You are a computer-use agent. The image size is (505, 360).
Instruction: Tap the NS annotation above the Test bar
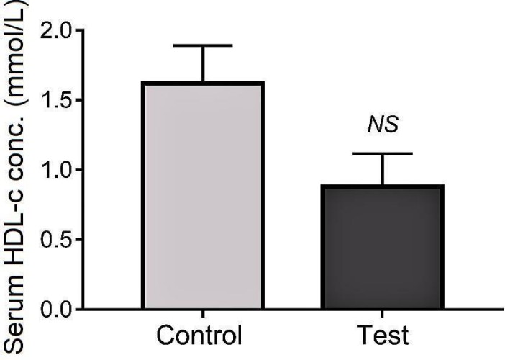click(383, 125)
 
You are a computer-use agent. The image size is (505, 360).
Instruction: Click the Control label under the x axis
click(203, 337)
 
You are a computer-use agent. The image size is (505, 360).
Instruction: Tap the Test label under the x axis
click(383, 337)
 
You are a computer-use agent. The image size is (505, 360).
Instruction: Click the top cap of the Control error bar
click(203, 45)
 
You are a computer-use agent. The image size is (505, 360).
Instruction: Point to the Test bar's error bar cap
click(383, 153)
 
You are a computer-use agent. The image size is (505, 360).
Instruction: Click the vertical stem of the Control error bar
click(203, 63)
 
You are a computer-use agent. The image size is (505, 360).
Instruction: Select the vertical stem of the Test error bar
click(383, 169)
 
